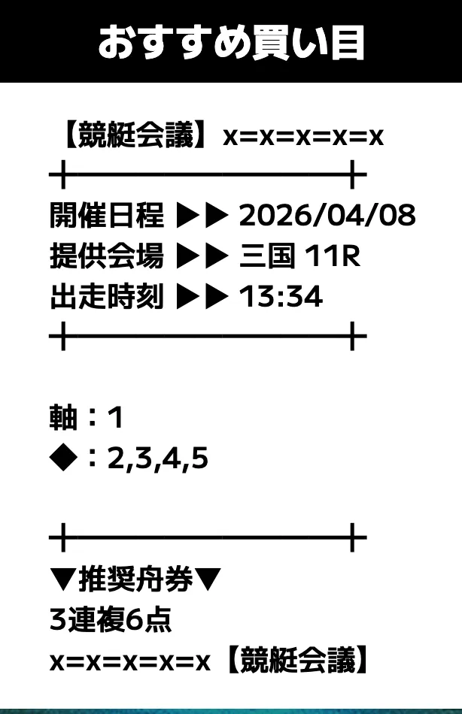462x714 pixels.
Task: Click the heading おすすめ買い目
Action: point(231,42)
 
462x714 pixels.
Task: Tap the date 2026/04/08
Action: point(327,215)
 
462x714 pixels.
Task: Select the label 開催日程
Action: point(106,215)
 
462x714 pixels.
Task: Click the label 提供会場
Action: point(106,256)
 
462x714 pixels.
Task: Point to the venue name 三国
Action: point(267,256)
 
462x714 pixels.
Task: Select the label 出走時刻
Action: point(106,296)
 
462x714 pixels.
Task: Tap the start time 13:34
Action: point(281,296)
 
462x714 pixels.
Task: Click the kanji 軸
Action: point(63,417)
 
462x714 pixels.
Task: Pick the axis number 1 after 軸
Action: point(116,418)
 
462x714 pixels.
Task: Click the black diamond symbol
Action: point(63,458)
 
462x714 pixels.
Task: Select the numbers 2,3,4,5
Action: point(158,458)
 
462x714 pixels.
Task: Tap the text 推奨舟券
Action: point(135,579)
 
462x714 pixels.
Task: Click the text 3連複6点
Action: point(111,620)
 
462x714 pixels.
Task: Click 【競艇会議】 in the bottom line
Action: point(297,660)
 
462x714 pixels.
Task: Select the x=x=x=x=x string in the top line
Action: point(302,137)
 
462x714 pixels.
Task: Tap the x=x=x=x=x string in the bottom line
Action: point(130,663)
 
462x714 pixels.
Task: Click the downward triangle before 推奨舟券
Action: point(63,579)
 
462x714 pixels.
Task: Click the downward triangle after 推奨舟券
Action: point(208,579)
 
